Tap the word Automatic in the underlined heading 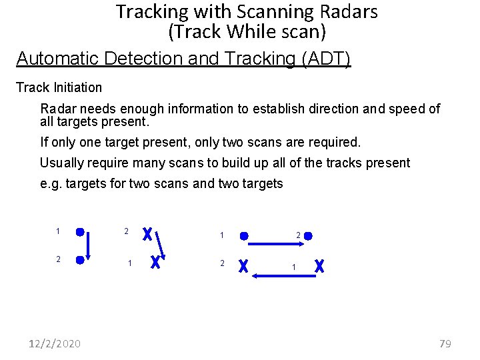click(x=58, y=59)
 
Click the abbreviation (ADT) click(x=325, y=59)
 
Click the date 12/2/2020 click(x=55, y=343)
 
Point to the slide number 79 click(x=445, y=343)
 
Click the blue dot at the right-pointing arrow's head click(x=308, y=235)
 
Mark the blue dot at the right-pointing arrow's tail click(x=245, y=235)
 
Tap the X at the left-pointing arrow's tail click(x=320, y=265)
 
